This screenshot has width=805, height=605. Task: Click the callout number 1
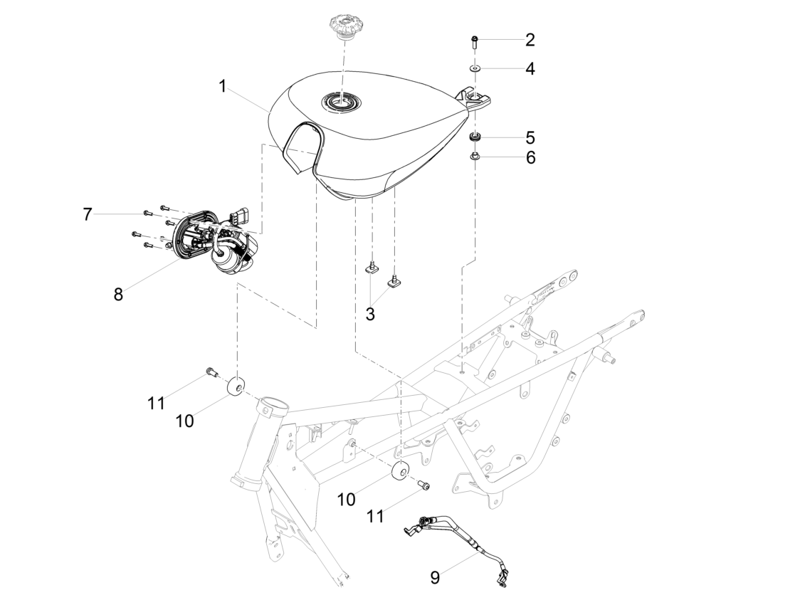click(x=222, y=87)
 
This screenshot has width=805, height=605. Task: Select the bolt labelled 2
click(x=474, y=42)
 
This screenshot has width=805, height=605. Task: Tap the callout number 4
click(x=530, y=69)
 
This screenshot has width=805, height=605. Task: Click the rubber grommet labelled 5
click(x=476, y=137)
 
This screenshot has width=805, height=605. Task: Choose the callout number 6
click(x=530, y=158)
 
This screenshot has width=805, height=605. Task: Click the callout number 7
click(x=88, y=214)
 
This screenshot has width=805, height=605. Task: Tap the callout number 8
click(x=119, y=294)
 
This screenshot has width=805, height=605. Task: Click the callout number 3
click(x=370, y=314)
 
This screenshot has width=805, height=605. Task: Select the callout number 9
click(x=435, y=578)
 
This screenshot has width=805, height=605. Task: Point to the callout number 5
click(x=530, y=137)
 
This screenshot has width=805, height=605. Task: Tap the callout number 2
click(x=530, y=40)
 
